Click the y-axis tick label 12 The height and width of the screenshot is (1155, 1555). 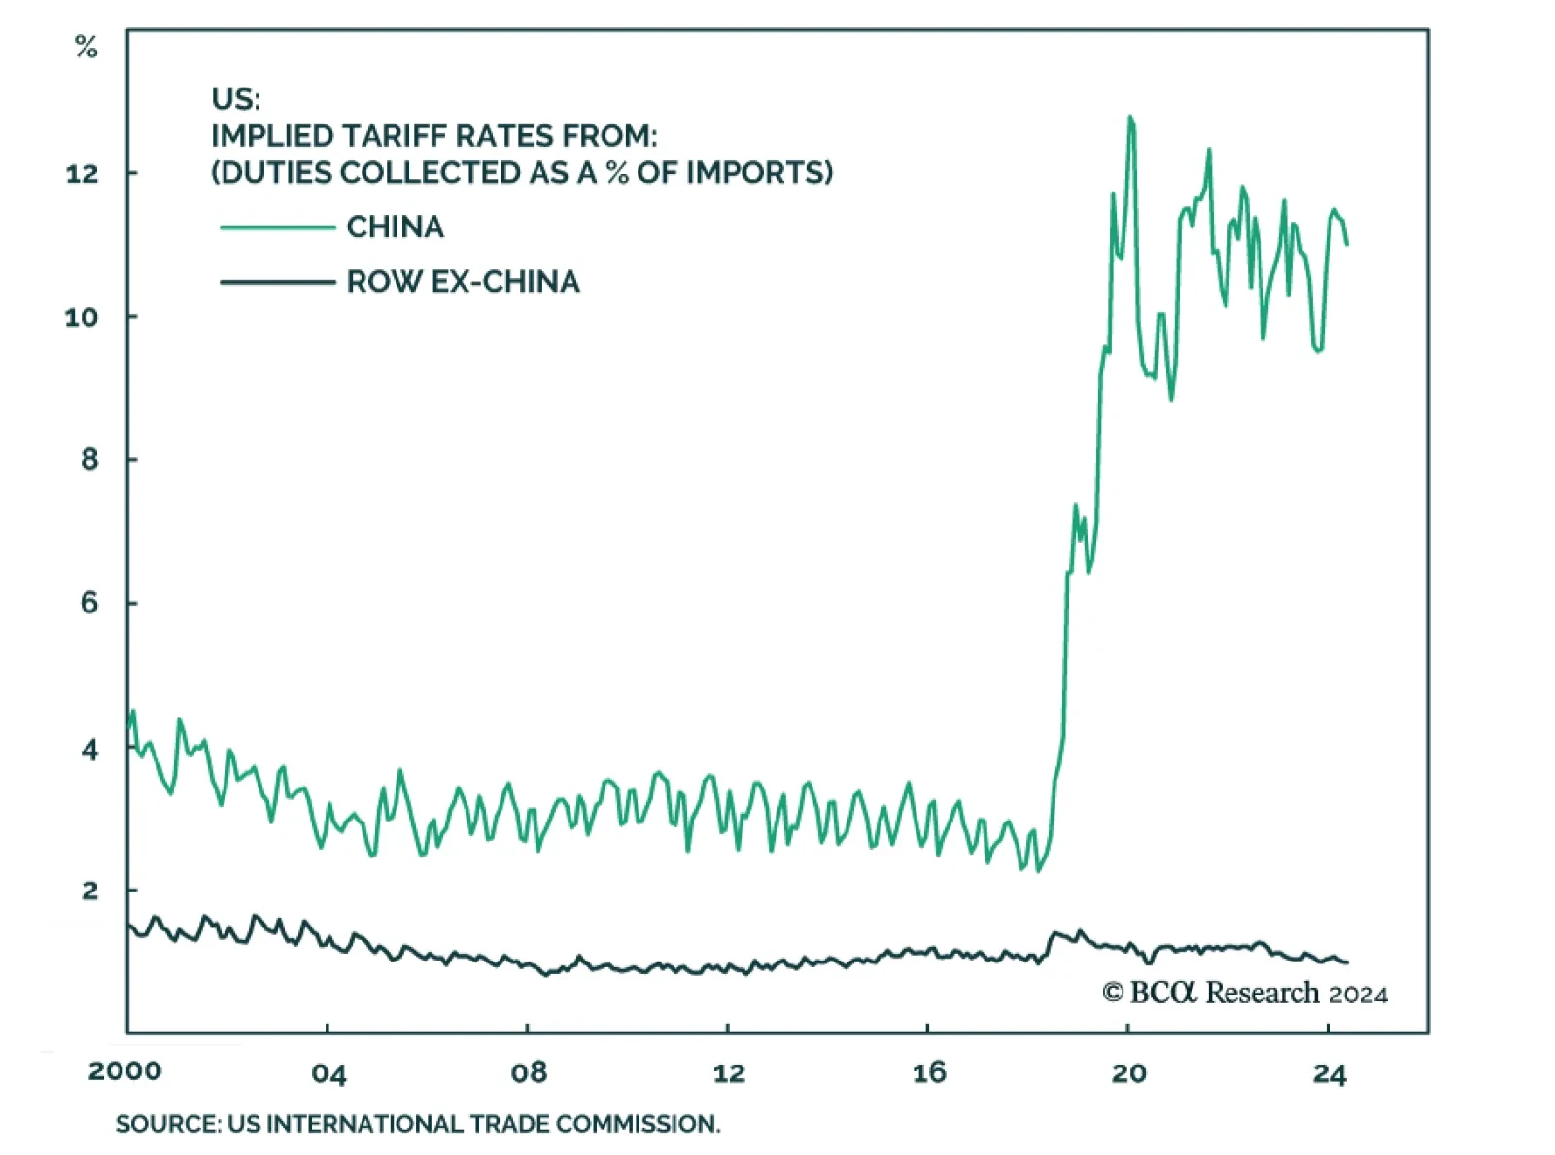click(x=82, y=174)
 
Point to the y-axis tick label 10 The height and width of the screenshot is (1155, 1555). click(x=82, y=317)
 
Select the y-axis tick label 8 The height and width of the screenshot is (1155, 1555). click(x=89, y=459)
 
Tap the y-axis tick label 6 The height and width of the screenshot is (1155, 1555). click(x=89, y=603)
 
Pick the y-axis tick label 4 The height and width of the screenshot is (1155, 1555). click(x=89, y=750)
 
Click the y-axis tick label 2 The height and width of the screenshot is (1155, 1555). click(x=89, y=891)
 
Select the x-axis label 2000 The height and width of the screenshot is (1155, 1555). click(x=124, y=1071)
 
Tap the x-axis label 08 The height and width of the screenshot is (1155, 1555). click(x=529, y=1073)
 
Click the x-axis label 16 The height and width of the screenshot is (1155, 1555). click(x=929, y=1072)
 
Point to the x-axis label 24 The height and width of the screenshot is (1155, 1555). click(x=1330, y=1073)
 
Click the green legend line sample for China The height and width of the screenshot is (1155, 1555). click(x=278, y=227)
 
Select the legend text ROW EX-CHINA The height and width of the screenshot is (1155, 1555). click(x=463, y=282)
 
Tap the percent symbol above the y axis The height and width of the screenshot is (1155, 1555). click(x=86, y=47)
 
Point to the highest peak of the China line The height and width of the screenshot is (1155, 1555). click(x=1130, y=118)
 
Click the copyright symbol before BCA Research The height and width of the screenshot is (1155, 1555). click(x=1113, y=993)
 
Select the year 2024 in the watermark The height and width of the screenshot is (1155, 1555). click(x=1358, y=995)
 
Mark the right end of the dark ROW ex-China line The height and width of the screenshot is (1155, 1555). click(x=1347, y=962)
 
